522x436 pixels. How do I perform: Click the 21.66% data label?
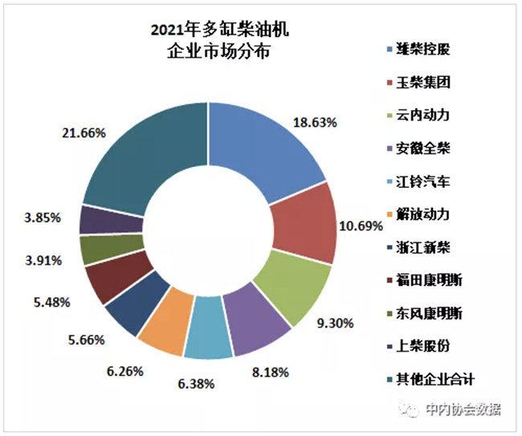tap(83, 133)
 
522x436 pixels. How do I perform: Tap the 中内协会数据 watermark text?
tap(463, 410)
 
